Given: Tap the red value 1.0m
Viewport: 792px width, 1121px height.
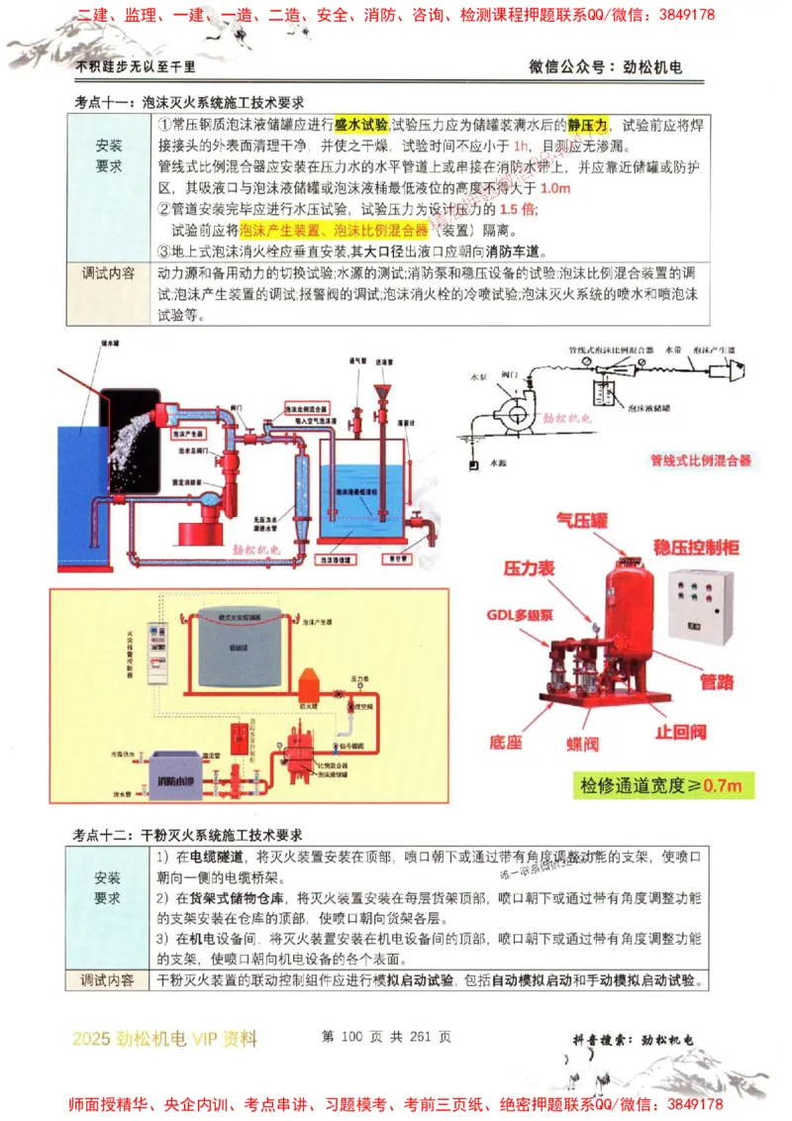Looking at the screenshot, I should coord(556,187).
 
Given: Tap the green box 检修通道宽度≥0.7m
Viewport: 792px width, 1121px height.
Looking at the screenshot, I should coord(666,786).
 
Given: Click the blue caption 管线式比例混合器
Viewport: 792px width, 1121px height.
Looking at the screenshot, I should coord(700,459).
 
